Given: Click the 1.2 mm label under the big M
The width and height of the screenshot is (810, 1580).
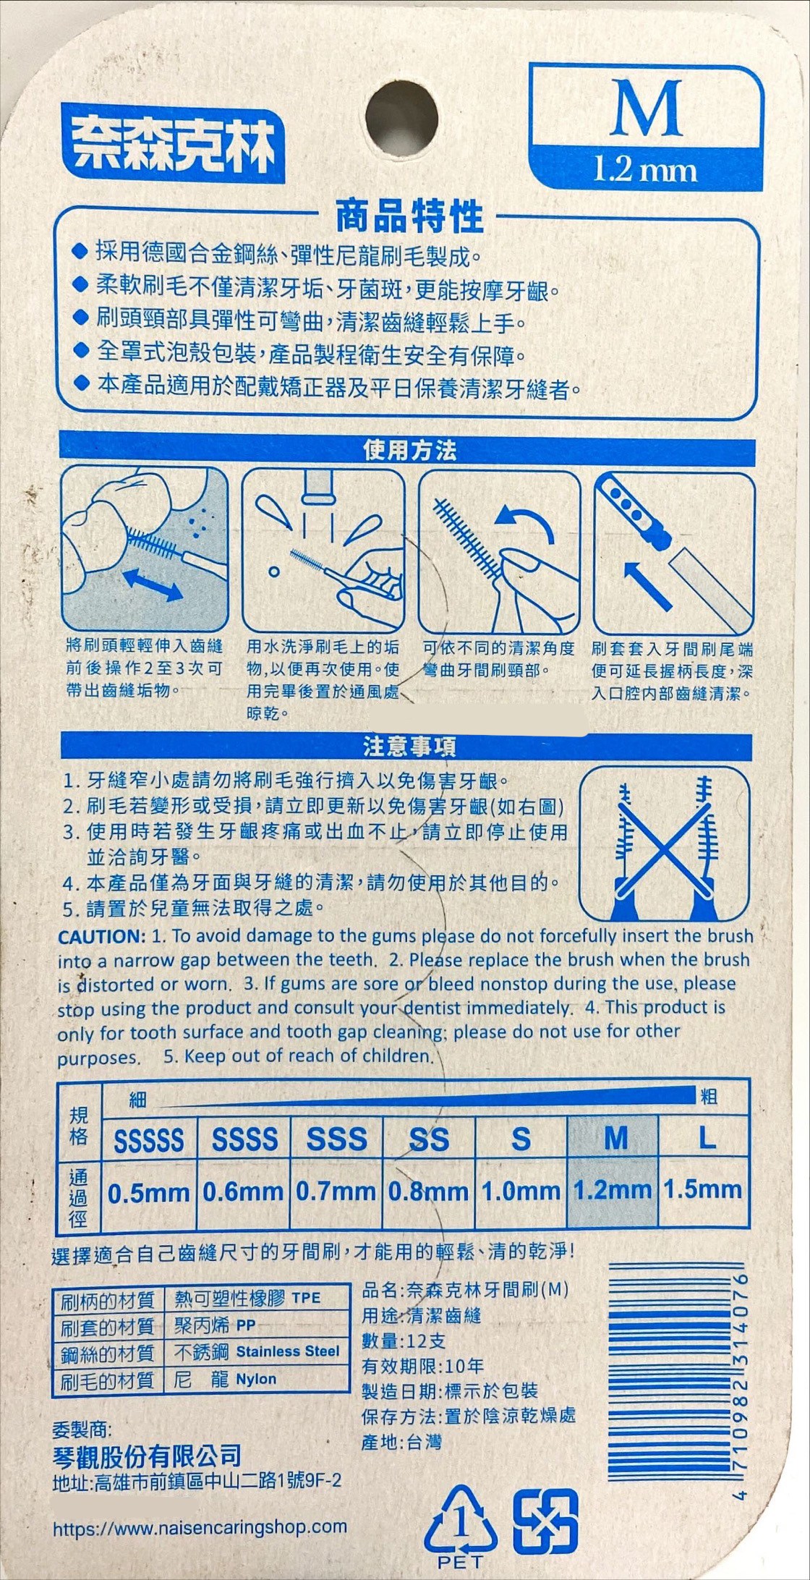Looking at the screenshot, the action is click(x=645, y=171).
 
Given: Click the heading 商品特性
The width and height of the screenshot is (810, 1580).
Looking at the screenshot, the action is click(x=409, y=216).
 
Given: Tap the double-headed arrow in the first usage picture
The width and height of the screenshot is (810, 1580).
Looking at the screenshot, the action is click(x=153, y=585).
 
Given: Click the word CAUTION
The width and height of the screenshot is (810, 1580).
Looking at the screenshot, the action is click(x=102, y=936).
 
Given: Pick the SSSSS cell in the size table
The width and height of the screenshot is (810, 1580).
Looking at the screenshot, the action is click(x=149, y=1139).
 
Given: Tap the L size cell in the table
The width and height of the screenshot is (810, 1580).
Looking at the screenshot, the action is click(x=705, y=1139).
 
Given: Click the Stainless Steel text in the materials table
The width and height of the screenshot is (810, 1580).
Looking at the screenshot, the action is click(x=288, y=1351).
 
